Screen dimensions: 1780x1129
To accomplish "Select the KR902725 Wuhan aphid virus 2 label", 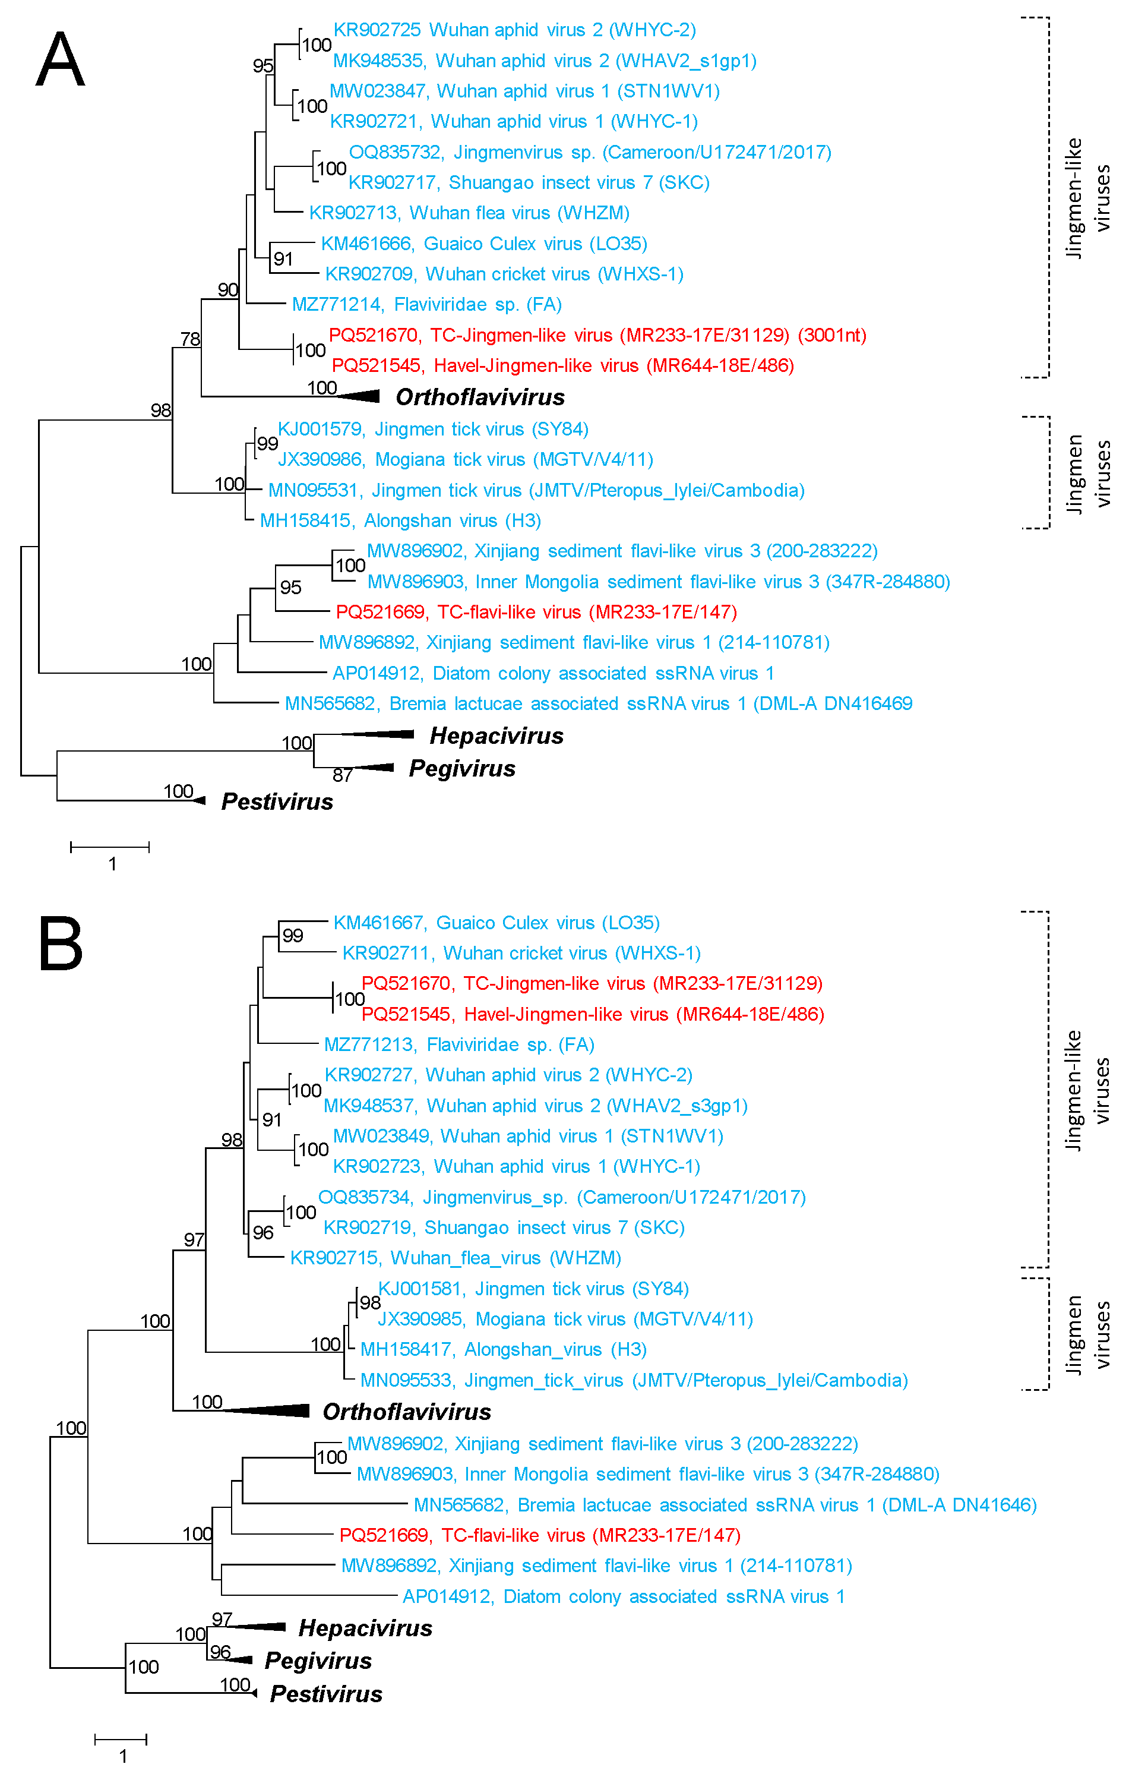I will coord(514,30).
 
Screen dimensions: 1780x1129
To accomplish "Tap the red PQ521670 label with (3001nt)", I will coord(597,335).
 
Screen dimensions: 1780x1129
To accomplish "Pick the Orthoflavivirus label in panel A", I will coord(480,397).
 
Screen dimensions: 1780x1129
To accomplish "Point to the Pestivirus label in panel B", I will coord(326,1693).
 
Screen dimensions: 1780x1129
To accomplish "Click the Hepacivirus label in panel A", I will coord(496,736).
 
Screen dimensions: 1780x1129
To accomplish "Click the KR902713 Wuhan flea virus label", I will coord(469,213).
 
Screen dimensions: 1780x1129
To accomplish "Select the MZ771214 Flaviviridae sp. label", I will coord(426,304).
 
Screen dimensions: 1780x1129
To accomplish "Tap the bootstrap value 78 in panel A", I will coord(190,339).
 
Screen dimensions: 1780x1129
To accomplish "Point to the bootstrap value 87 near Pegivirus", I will coord(342,775).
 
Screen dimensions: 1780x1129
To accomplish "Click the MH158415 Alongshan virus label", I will coord(400,520).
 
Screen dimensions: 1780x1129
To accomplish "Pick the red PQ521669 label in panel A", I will coord(536,611).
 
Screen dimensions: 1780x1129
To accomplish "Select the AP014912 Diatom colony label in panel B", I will coord(623,1596).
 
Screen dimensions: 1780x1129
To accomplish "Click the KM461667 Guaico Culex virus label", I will coord(496,923).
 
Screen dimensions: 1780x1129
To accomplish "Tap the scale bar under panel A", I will coord(110,847).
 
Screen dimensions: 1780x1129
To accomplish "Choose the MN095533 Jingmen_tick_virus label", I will coord(633,1380).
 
